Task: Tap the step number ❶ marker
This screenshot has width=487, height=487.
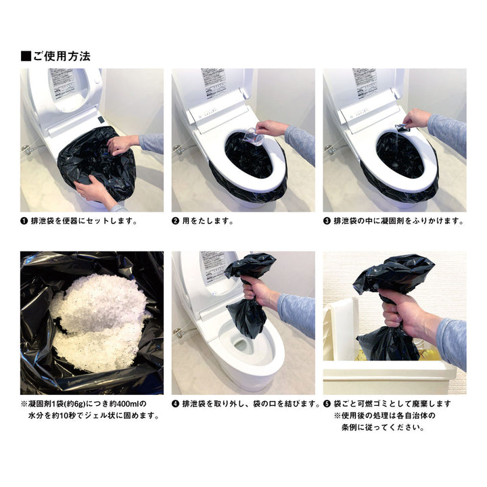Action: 25,221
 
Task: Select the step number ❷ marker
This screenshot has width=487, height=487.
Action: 176,221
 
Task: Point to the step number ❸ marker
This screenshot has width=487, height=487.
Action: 327,221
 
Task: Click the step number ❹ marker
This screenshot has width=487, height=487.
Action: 176,404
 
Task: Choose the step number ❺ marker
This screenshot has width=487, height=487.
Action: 327,404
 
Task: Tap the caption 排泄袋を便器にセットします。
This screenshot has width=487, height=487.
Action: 84,221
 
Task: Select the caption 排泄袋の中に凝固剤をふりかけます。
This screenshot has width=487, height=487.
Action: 398,221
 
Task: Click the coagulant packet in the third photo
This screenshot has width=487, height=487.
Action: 402,127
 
